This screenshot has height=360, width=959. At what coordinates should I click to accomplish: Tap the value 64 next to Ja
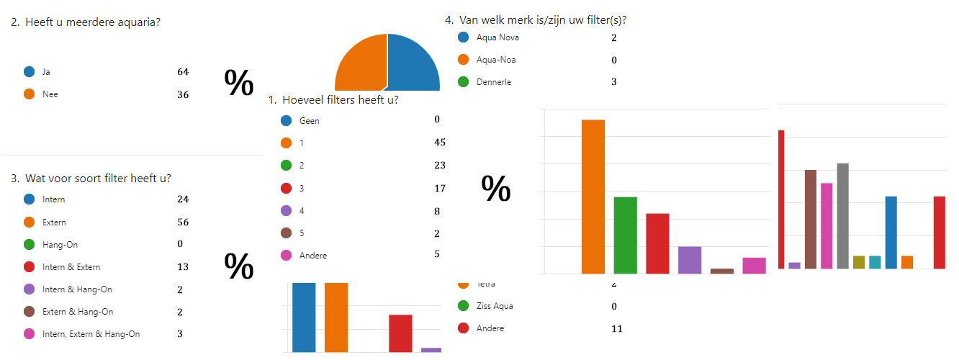pos(183,71)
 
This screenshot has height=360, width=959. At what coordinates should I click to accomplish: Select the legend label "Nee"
pos(50,94)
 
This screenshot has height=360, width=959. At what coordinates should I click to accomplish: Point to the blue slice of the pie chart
pos(413,65)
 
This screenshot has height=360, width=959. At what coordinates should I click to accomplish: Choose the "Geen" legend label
pos(309,121)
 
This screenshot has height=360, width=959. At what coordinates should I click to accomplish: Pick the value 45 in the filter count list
pos(440,143)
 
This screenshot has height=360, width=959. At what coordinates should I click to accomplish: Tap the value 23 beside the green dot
pos(440,165)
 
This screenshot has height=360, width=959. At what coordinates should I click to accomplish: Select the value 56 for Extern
pos(183,222)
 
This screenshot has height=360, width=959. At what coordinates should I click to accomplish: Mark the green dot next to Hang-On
pos(30,245)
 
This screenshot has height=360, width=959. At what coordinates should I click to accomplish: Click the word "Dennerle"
pos(494,82)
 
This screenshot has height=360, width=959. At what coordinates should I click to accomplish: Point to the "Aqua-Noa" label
pos(496,60)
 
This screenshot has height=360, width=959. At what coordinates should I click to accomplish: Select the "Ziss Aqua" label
pos(495,306)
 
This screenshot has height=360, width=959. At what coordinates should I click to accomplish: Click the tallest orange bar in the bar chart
pos(593,196)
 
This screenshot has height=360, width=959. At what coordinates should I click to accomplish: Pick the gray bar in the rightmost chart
pos(842,216)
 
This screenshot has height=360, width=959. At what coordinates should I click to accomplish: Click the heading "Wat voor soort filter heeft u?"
pos(98,178)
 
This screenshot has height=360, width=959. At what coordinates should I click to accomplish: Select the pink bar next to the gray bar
pos(827,225)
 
